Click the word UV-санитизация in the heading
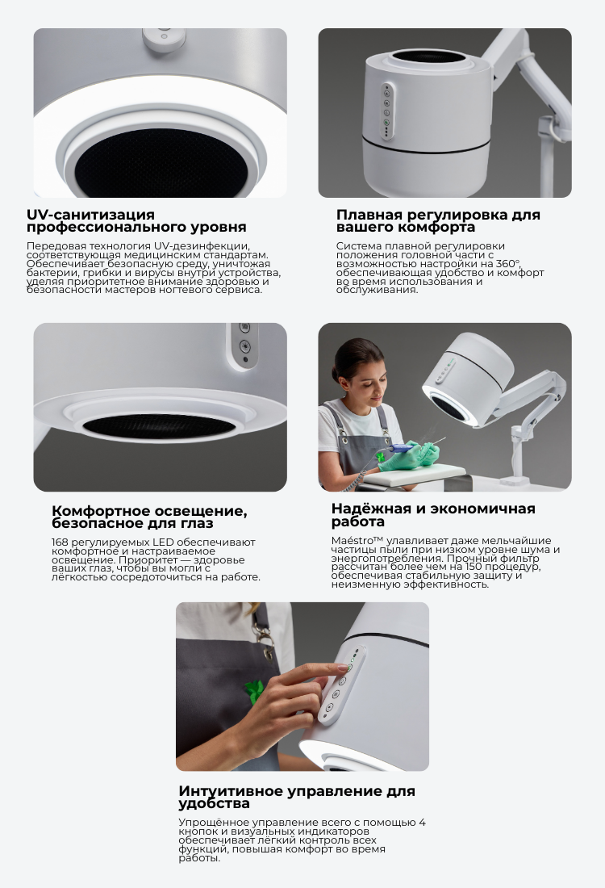coord(90,215)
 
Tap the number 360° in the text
coord(507,263)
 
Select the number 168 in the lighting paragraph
coord(60,542)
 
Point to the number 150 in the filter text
coord(474,567)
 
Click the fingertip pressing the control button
coord(340,668)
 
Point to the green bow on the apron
coord(255,690)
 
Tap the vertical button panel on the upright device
coord(386,111)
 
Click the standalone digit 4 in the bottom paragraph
coord(422,823)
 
